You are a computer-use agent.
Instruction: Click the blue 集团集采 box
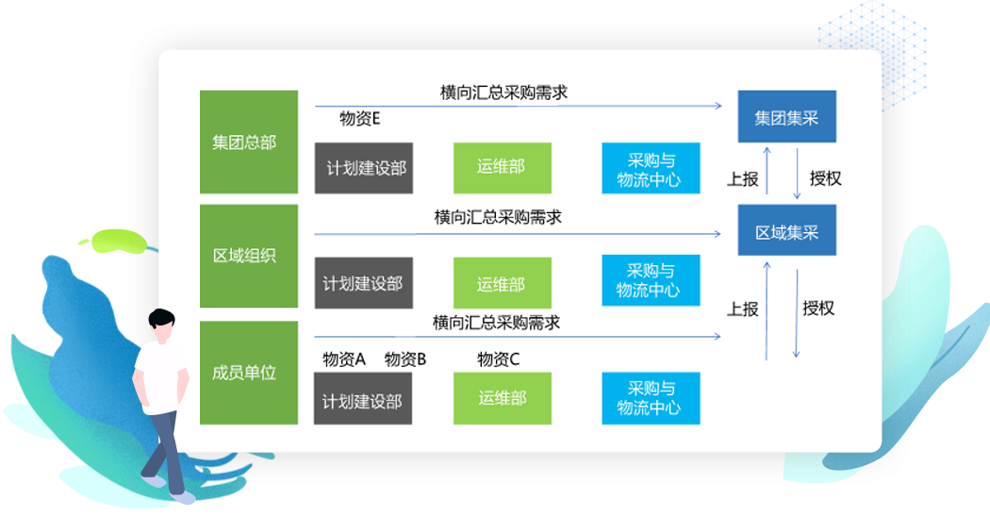pyautogui.click(x=786, y=118)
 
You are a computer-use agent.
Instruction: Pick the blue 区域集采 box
pyautogui.click(x=786, y=231)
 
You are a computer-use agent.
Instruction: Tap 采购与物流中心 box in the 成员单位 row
pyautogui.click(x=651, y=398)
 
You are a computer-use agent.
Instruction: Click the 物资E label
pyautogui.click(x=360, y=119)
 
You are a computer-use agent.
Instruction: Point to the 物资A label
pyautogui.click(x=343, y=359)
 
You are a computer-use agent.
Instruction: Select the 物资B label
pyautogui.click(x=405, y=359)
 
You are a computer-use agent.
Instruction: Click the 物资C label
pyautogui.click(x=498, y=359)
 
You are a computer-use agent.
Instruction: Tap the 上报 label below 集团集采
pyautogui.click(x=742, y=178)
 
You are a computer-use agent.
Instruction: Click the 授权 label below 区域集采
pyautogui.click(x=818, y=309)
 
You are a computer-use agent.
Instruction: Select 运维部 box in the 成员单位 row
pyautogui.click(x=502, y=398)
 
